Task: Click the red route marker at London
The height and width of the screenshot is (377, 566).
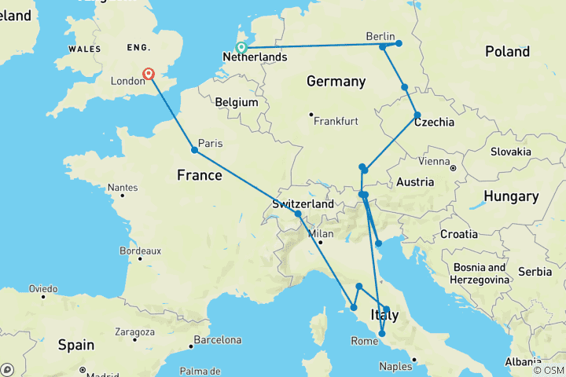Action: (x=149, y=75)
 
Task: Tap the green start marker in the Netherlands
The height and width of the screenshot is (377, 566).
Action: (x=242, y=47)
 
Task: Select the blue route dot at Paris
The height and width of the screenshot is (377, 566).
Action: (x=194, y=150)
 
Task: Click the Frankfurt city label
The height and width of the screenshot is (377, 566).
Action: (x=336, y=122)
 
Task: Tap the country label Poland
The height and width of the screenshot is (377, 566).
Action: (x=507, y=52)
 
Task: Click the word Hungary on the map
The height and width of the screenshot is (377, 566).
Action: (x=511, y=196)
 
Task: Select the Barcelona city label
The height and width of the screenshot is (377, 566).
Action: (x=218, y=340)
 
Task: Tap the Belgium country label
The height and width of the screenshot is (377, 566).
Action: (x=237, y=102)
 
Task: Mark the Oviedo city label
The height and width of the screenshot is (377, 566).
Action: (x=43, y=289)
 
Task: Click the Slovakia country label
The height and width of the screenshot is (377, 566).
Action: (x=512, y=152)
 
